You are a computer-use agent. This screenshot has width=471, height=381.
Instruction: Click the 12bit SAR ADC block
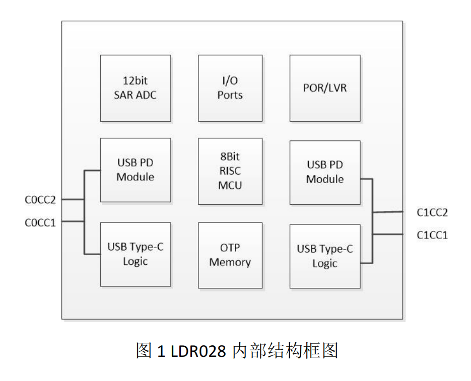click(x=135, y=88)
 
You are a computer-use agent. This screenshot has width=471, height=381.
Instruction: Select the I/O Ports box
click(x=230, y=88)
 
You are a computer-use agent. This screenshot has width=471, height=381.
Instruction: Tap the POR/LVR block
click(x=325, y=88)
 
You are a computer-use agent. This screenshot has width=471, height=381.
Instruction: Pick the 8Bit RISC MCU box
click(x=230, y=171)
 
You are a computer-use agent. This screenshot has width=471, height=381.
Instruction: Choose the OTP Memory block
click(x=230, y=255)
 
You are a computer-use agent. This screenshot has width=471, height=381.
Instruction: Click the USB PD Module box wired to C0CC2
click(x=135, y=170)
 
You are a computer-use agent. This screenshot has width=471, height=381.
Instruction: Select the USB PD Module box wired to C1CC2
click(x=325, y=172)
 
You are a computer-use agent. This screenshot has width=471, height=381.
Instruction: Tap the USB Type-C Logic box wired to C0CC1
click(x=135, y=254)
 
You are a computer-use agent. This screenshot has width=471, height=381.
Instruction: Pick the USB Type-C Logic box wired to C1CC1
click(x=325, y=256)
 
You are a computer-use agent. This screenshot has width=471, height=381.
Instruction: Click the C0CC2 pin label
click(x=40, y=200)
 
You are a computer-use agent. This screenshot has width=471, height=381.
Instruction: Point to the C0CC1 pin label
click(x=40, y=222)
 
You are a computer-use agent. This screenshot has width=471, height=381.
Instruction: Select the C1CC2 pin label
click(x=432, y=212)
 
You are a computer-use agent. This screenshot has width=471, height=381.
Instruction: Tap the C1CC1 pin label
click(x=432, y=235)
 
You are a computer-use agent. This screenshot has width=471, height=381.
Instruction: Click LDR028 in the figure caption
click(x=198, y=351)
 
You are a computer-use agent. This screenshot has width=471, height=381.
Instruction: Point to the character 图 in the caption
click(x=144, y=351)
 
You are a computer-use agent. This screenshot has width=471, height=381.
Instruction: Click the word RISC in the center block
click(x=230, y=171)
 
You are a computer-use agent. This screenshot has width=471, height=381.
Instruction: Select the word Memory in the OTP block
click(x=230, y=262)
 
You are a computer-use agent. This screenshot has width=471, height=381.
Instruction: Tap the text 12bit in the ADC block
click(x=135, y=81)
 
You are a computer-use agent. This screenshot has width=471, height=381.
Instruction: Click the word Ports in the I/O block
click(x=230, y=95)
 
